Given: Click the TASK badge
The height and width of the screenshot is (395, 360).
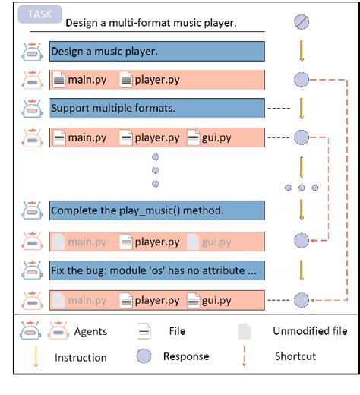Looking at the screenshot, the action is coord(39,14).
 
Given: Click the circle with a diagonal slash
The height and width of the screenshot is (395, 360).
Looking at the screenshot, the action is coord(302,22).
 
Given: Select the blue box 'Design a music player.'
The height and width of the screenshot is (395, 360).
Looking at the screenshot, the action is coord(157,52).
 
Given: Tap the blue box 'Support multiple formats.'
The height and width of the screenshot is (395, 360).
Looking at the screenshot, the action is coord(157,108).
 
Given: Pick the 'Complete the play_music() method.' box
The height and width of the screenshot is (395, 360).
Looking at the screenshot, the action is coord(157,210).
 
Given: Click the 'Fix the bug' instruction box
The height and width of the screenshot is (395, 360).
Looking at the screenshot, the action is coord(157,270).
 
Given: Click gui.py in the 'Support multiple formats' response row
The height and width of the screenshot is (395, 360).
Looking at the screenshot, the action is coord(216,138).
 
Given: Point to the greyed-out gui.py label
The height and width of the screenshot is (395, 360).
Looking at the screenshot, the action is coord(216,242).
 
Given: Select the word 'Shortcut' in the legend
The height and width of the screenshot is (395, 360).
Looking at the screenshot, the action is coord(295,356).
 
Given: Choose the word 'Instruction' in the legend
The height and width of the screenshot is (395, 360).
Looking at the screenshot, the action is coord(81,358).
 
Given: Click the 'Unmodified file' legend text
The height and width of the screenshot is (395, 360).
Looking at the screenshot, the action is coord(310,331).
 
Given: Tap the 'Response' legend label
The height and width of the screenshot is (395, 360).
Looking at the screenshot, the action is coord(186,356).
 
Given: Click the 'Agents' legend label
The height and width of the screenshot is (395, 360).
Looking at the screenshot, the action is coord(90,331).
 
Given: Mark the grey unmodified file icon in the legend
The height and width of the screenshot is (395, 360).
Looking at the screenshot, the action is coord(245,331).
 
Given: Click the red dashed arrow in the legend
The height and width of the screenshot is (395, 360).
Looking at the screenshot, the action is coord(244,356).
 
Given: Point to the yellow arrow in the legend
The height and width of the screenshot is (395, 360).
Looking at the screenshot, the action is coord(36,356).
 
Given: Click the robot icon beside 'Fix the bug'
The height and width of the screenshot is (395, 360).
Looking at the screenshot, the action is coord(32,270).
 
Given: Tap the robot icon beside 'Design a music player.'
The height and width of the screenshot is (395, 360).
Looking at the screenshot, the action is coord(32,52).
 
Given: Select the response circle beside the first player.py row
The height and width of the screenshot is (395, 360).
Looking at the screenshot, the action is coord(302,80).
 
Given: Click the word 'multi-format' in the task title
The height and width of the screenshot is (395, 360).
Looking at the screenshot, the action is coord(133,23).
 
